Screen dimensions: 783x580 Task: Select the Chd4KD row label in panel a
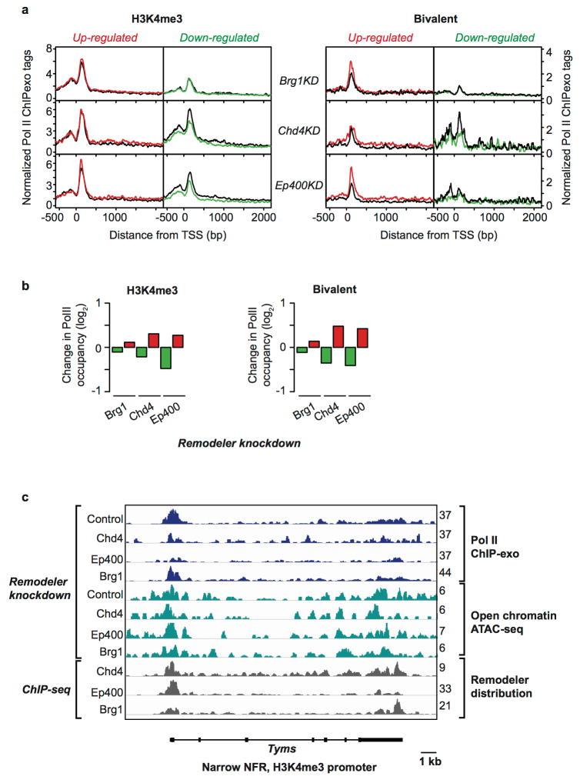(298, 132)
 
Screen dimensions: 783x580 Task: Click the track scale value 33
(444, 688)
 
